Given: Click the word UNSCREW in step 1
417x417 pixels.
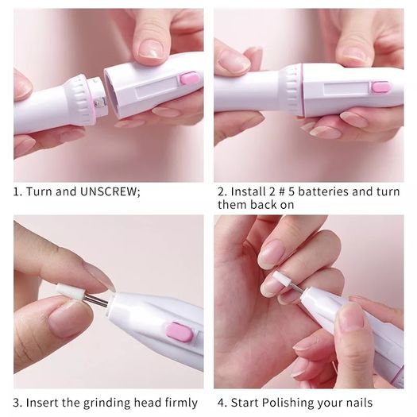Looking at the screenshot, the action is (110, 191).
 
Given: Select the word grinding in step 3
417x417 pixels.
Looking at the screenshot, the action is (107, 403).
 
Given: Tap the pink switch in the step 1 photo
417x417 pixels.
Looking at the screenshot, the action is (190, 79).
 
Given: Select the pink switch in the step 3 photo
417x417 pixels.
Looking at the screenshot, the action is (180, 331).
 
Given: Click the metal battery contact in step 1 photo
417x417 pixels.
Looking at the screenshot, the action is (99, 103).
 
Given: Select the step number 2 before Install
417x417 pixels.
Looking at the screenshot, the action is (222, 191).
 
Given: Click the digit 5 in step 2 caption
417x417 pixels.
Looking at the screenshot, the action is (292, 191).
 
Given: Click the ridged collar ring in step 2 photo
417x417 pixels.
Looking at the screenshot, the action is (293, 90).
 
